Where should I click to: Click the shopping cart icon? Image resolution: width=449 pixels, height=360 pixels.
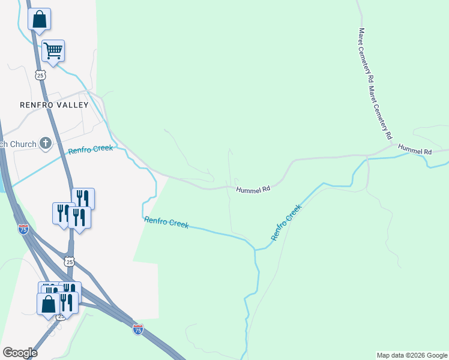coord(53,52)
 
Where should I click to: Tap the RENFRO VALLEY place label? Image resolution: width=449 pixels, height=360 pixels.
coord(54,105)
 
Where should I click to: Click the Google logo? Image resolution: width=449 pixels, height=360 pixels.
coord(20,352)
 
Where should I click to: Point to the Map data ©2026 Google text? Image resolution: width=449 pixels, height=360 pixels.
coord(412,355)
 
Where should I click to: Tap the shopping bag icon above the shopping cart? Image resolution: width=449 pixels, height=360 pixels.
coord(39,19)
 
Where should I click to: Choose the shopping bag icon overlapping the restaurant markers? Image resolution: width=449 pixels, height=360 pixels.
coord(48,303)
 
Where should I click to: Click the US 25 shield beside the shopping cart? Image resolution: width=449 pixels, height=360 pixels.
coord(40,74)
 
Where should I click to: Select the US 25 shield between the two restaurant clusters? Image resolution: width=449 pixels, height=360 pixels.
coord(70,262)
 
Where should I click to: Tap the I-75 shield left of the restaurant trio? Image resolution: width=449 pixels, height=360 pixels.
coord(23,229)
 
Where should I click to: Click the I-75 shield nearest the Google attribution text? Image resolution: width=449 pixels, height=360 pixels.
coord(138,329)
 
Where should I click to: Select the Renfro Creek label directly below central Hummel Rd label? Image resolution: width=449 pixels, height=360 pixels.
coord(166,223)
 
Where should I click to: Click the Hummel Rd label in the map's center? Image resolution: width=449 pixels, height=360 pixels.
coord(253,189)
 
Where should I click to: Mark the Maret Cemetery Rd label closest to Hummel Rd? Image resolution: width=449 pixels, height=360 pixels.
coord(381,110)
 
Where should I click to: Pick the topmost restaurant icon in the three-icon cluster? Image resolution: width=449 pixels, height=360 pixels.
coord(83,198)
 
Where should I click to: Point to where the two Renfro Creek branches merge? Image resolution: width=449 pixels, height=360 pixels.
coord(255,247)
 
